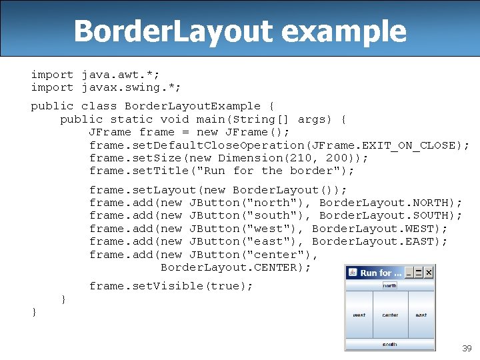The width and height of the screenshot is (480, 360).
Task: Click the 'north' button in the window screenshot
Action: click(x=389, y=285)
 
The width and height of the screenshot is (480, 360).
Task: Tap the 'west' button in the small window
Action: click(x=359, y=315)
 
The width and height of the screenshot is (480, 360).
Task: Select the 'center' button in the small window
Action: click(x=390, y=315)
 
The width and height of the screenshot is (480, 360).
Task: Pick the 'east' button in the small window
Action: click(x=421, y=315)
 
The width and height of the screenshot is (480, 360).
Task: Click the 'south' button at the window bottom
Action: click(x=389, y=345)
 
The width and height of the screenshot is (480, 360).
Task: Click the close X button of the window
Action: click(x=429, y=272)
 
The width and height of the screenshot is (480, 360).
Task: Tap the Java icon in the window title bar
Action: click(x=352, y=272)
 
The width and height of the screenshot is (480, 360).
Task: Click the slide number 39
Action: click(x=467, y=349)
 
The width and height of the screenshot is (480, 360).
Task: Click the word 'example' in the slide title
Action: click(x=353, y=31)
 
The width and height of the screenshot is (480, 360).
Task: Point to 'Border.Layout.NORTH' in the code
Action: click(x=391, y=202)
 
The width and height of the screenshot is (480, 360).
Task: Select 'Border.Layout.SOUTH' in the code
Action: click(x=391, y=215)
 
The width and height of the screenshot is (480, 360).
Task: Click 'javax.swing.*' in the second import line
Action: click(x=131, y=87)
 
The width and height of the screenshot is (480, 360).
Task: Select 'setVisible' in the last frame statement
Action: click(x=169, y=286)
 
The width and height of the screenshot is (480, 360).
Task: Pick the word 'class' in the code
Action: click(x=99, y=106)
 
